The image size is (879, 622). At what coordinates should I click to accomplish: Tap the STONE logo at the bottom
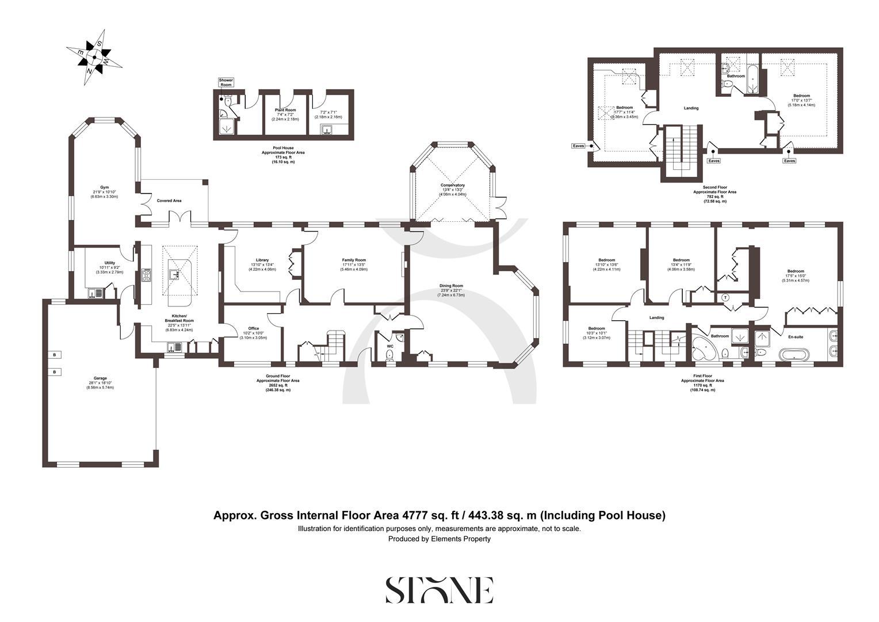439,589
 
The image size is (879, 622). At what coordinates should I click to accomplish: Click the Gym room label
104,187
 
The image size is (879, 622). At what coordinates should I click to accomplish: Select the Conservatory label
453,185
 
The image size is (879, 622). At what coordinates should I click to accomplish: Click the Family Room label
354,260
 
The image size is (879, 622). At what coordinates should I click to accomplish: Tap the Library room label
262,260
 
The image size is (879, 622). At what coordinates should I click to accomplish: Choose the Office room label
254,328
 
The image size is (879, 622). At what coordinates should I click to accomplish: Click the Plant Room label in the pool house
285,109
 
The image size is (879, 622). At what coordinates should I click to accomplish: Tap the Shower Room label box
226,82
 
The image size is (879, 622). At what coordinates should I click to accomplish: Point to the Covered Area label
169,200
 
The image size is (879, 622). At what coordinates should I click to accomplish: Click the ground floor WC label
389,346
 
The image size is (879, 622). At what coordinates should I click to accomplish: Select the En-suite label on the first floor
796,336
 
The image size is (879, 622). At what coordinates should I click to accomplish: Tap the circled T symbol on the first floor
725,297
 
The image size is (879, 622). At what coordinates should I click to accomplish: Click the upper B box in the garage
55,354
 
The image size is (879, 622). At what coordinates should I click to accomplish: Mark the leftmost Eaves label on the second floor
578,146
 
